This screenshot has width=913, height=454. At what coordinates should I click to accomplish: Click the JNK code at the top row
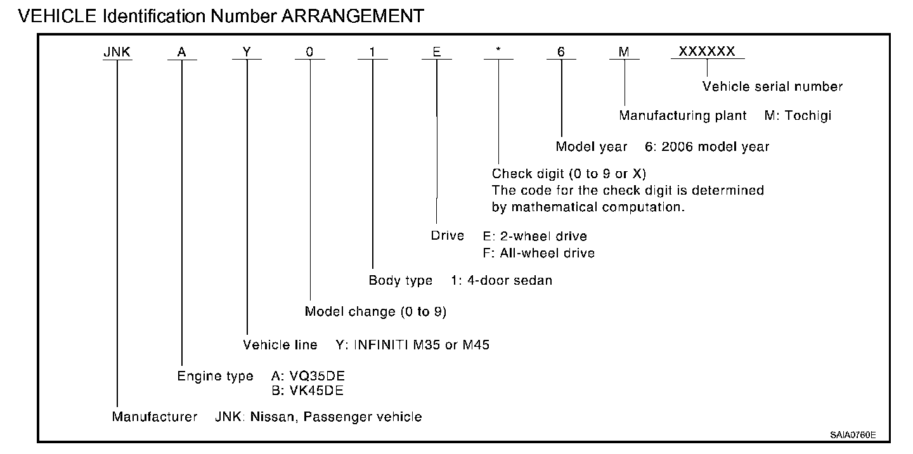[117, 53]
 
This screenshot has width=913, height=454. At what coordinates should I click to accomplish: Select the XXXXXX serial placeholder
[707, 52]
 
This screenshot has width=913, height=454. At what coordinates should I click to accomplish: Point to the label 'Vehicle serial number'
[772, 87]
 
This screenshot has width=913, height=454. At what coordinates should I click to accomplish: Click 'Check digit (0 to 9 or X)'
[569, 174]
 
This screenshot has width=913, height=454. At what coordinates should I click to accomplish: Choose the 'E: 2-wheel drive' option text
[534, 237]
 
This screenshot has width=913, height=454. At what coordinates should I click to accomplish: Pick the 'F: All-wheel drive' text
[538, 253]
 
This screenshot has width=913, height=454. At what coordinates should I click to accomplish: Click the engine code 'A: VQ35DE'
[308, 376]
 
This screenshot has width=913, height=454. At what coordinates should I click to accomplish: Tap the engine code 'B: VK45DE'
[308, 391]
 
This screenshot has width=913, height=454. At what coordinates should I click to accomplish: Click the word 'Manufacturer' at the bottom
[155, 417]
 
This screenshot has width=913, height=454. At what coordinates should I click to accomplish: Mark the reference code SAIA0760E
[853, 435]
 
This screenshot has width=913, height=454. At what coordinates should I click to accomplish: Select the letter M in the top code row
[625, 53]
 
